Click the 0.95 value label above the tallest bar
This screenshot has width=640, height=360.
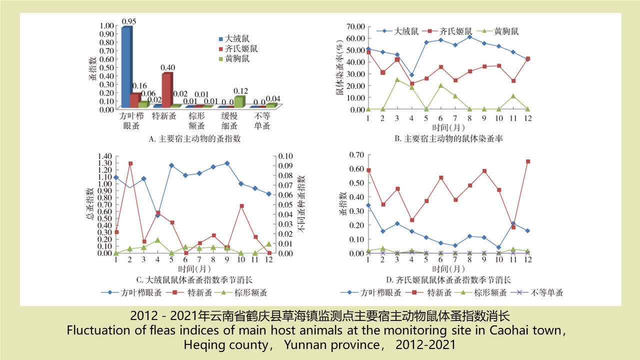129,21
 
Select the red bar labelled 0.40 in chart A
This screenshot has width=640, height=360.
166,90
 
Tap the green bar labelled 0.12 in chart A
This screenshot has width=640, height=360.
239,101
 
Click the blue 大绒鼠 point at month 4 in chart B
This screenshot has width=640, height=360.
411,75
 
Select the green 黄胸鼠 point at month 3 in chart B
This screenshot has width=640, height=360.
397,79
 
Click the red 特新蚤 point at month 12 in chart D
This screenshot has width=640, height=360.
527,161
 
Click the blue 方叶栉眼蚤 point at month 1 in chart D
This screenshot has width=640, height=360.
368,205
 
